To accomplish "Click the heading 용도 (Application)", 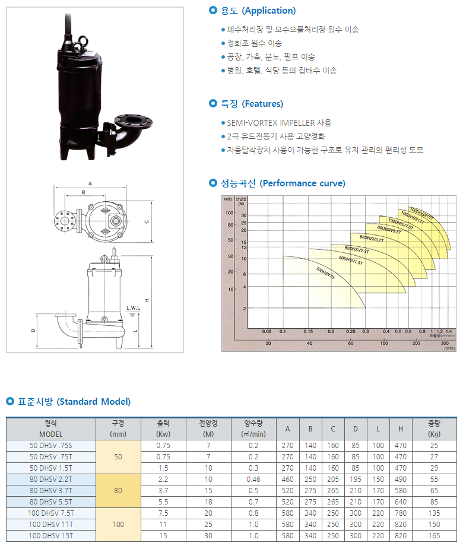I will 258,11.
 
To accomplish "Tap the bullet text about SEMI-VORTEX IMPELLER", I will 279,123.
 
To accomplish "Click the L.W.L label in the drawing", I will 133,309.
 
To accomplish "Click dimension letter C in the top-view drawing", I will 146,222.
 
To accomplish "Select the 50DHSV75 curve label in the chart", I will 325,274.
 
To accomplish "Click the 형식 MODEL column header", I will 50,428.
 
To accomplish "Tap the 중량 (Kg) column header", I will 434,428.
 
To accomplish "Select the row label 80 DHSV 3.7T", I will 50,491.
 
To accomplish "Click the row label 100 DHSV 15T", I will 50,536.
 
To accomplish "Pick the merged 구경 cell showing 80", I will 119,491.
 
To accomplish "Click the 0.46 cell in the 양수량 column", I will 253,479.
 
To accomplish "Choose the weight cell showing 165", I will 434,536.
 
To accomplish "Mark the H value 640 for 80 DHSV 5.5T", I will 401,502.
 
